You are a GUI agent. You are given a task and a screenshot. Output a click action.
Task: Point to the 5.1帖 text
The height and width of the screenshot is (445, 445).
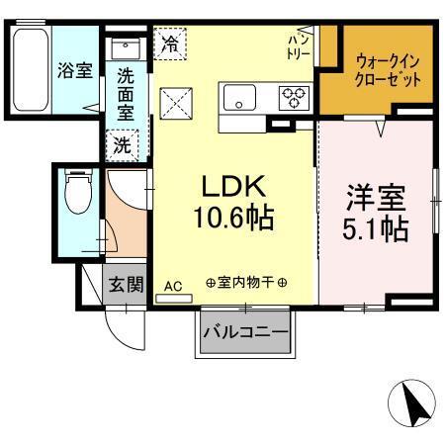[x=377, y=229]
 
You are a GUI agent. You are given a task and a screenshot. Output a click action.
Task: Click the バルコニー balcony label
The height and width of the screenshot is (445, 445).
[x=246, y=331]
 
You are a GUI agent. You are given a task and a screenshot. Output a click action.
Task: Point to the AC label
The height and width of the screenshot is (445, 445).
[x=173, y=287]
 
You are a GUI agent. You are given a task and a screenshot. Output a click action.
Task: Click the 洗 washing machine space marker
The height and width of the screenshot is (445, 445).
[x=121, y=142]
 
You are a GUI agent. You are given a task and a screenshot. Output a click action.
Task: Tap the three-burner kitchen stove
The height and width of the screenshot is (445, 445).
[x=295, y=97]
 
